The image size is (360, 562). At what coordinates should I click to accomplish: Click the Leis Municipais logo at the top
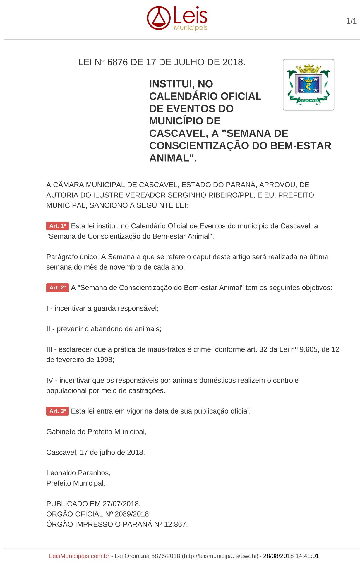tap(177, 18)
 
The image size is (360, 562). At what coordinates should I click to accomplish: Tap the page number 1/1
tap(351, 21)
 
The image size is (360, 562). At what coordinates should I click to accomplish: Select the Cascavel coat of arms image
tap(308, 85)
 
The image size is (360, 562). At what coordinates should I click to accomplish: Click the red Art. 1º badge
tap(57, 226)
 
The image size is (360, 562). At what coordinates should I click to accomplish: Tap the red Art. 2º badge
tap(57, 288)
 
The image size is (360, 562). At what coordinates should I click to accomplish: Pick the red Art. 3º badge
tap(57, 411)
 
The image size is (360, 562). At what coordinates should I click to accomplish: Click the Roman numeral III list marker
tap(49, 349)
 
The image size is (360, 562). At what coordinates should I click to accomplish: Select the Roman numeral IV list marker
tap(49, 381)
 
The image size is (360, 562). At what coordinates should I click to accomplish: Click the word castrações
tap(148, 391)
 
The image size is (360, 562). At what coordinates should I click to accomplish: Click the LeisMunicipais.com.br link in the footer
tap(79, 556)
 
